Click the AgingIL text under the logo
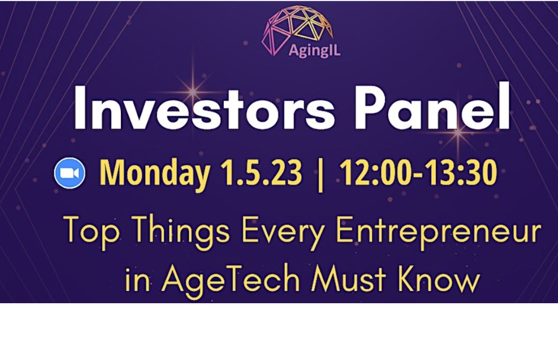[x=314, y=50]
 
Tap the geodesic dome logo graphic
[x=298, y=29]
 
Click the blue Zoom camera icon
[x=70, y=172]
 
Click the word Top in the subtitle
[x=91, y=230]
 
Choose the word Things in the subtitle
[x=182, y=230]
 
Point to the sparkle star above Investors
[x=193, y=92]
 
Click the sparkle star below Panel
[x=458, y=132]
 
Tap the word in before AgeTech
[x=137, y=280]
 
